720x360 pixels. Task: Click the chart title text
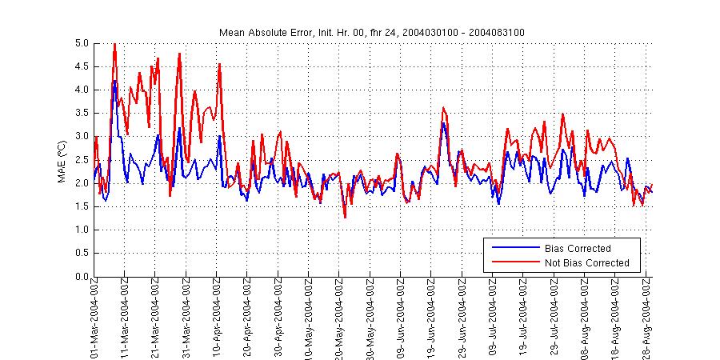(372, 32)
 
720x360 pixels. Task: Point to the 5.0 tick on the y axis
(81, 43)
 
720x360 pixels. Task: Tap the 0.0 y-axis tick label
(81, 277)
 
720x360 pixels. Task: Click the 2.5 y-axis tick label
(81, 160)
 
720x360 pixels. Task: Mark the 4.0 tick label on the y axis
(81, 90)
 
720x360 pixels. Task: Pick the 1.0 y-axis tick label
(81, 230)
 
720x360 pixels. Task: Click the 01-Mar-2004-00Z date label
(95, 320)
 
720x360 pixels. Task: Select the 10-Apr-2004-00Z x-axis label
(218, 320)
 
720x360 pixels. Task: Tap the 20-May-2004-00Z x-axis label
(340, 320)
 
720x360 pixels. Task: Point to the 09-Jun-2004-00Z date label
(402, 320)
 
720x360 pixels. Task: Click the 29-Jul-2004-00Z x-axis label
(554, 320)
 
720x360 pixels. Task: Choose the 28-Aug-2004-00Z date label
(646, 320)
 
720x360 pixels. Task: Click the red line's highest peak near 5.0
(114, 44)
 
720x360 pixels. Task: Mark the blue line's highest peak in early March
(115, 81)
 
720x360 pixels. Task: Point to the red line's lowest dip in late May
(345, 217)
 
